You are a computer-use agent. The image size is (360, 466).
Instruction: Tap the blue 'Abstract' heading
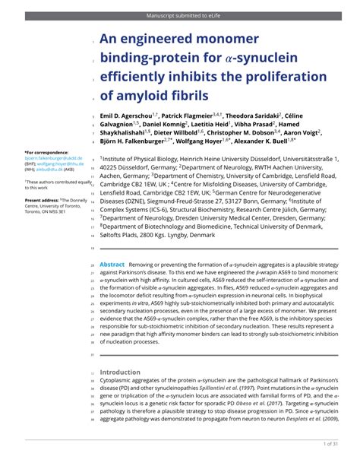click(x=112, y=264)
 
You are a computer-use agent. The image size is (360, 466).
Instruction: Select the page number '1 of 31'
click(x=333, y=443)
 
